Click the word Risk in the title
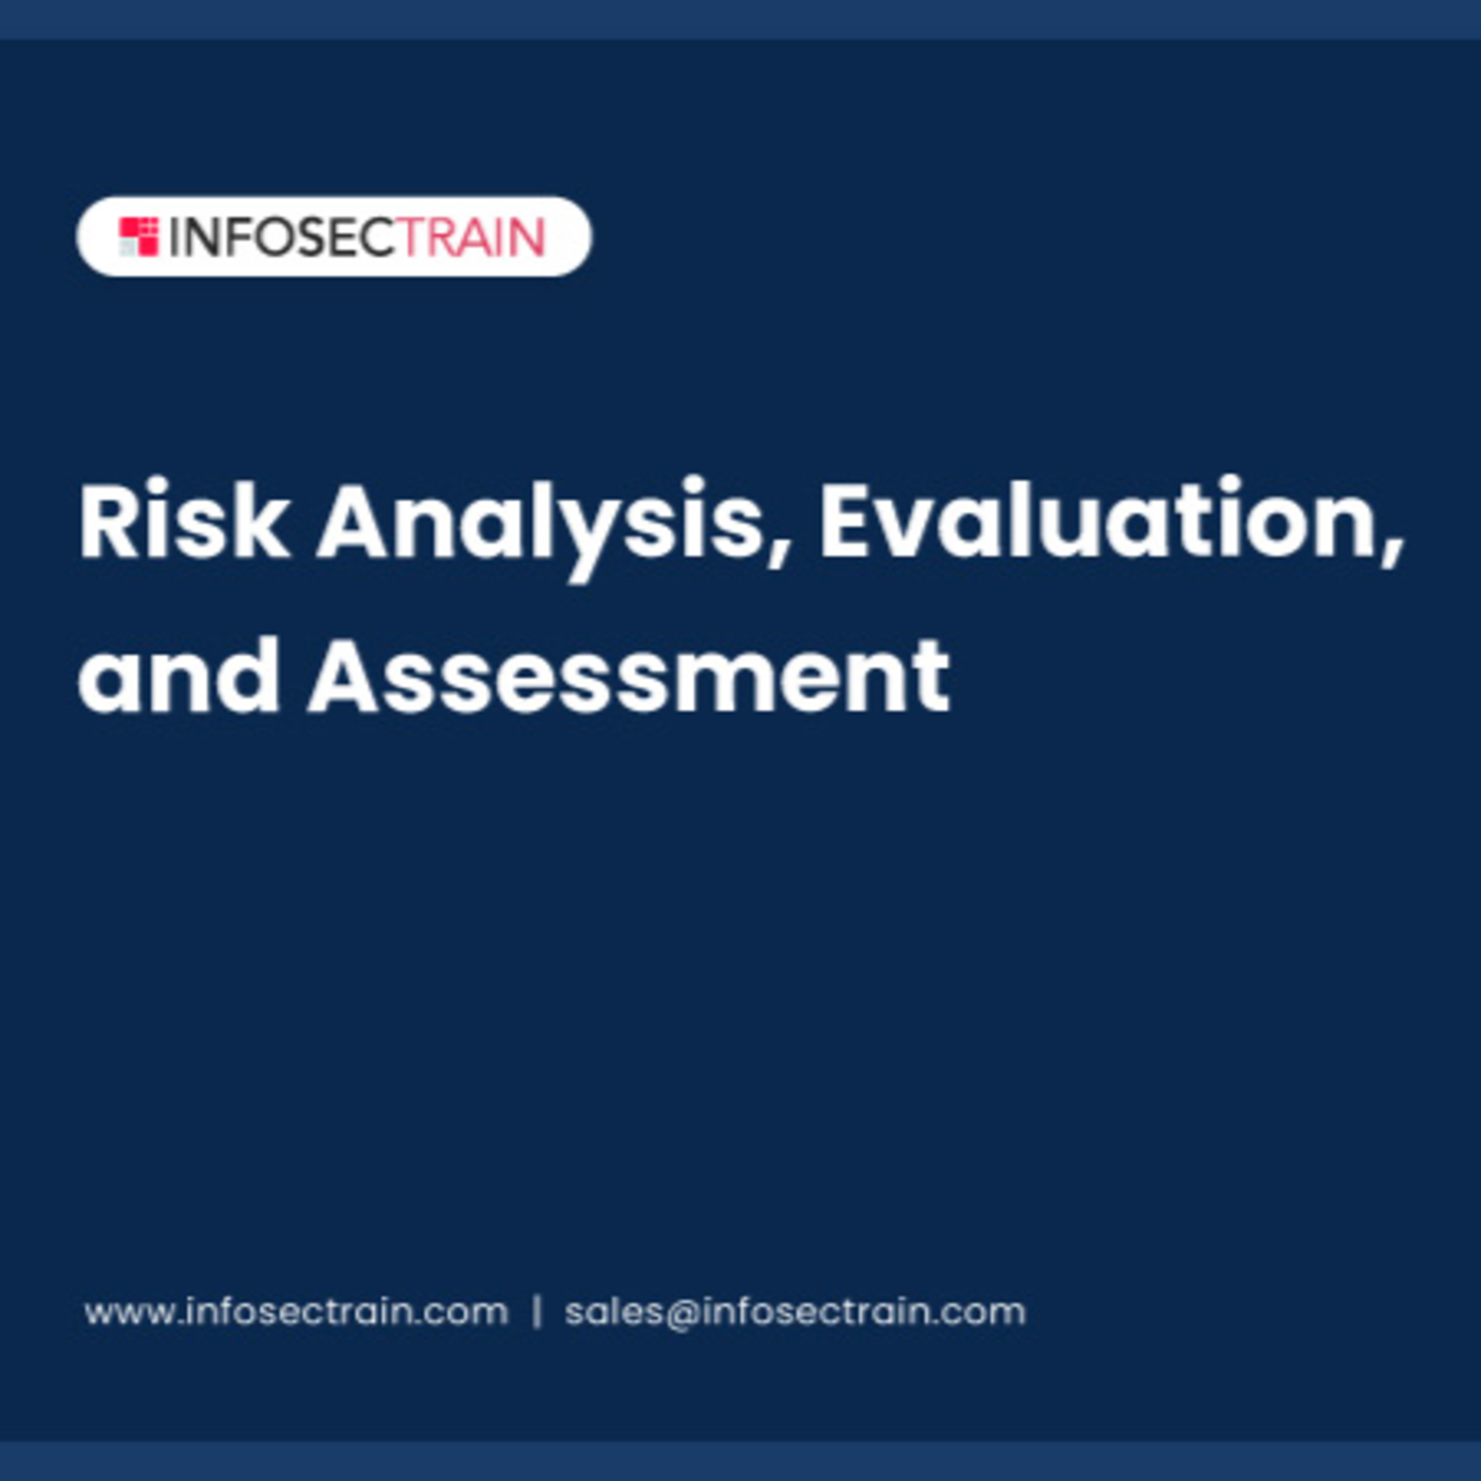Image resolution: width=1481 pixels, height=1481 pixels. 185,519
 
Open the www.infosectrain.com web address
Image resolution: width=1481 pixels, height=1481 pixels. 296,1312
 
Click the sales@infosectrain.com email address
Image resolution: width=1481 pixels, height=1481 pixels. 795,1312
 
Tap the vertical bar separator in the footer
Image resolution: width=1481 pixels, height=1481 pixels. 537,1312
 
